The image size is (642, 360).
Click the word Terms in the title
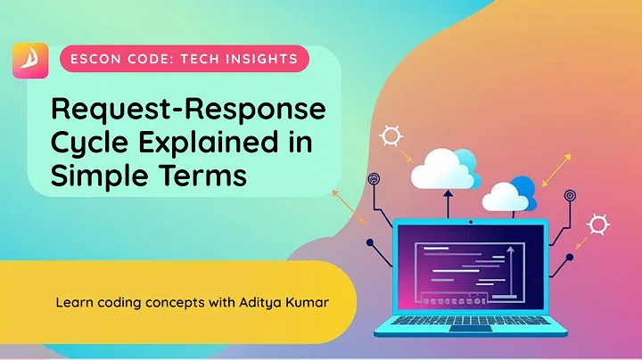pyautogui.click(x=202, y=175)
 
